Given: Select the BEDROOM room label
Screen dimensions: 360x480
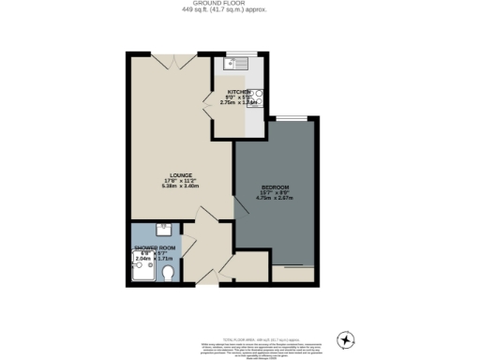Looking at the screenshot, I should pos(276,187).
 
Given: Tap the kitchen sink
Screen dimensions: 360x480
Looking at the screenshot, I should pos(229,65).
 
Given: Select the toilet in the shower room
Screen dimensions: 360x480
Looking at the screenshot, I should pos(169,273).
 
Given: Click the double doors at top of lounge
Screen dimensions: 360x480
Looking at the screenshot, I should pos(178,59).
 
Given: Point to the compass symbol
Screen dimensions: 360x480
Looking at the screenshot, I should pos(347,338).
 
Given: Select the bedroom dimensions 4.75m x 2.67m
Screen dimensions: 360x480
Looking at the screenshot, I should pos(276,198).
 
